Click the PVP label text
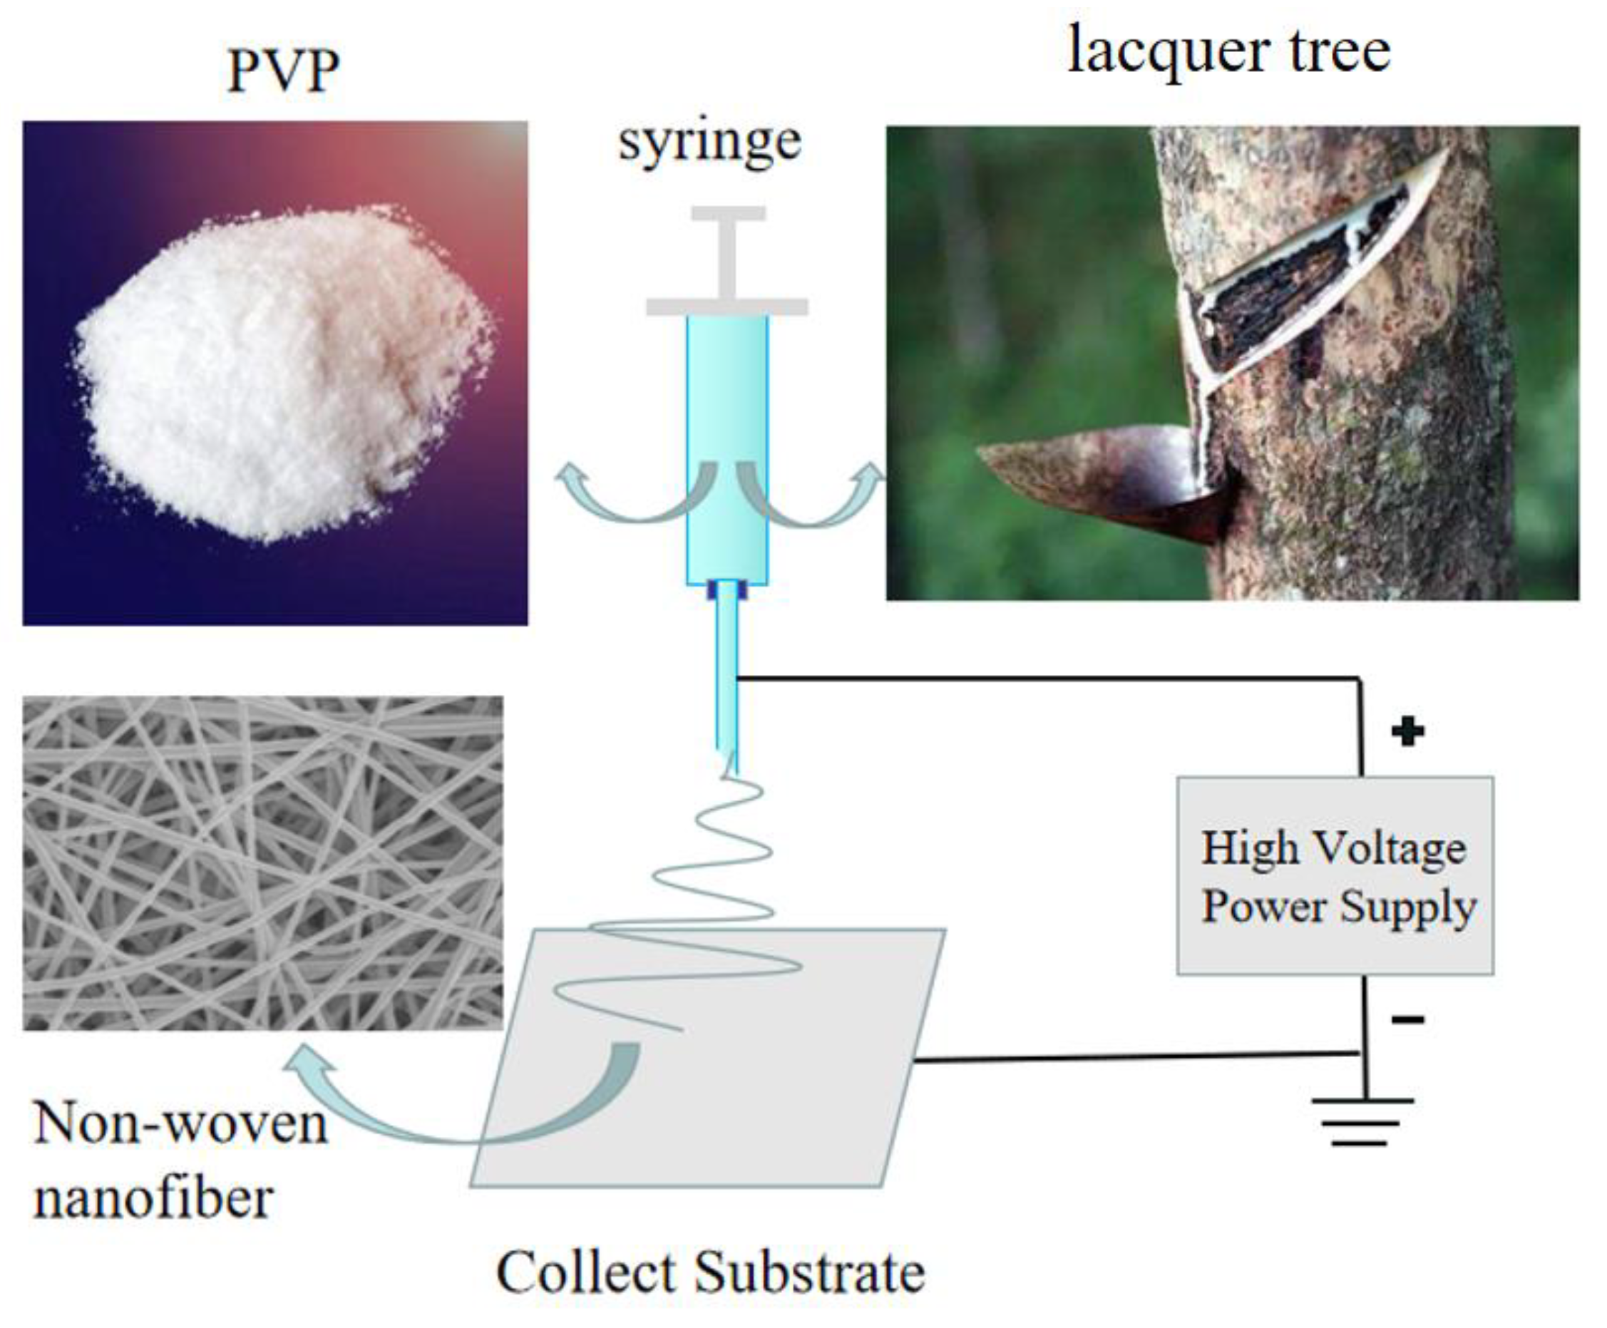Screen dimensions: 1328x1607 tap(283, 71)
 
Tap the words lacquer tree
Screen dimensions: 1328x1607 tap(1228, 52)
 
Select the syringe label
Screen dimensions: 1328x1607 tap(709, 143)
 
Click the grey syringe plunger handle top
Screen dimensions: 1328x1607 tap(728, 214)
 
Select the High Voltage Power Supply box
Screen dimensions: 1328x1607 tap(1335, 875)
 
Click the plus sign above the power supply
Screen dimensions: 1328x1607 tap(1407, 731)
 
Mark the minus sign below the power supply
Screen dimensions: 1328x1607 tap(1407, 1019)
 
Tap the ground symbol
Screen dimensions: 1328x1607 tap(1363, 1121)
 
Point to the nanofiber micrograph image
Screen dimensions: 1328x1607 tap(262, 863)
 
